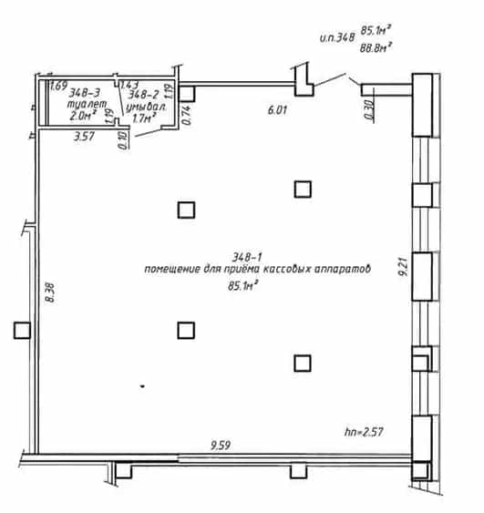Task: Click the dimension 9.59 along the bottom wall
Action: coord(221,446)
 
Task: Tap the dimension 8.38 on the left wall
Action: coord(50,292)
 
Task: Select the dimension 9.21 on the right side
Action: coord(404,267)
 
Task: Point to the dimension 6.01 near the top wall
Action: coord(277,110)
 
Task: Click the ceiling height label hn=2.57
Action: coord(364,432)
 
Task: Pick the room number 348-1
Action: coord(247,258)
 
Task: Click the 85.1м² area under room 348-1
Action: coord(242,285)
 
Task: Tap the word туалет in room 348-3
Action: coord(87,105)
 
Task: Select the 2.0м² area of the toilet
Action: coord(82,116)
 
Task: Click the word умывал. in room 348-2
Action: coord(146,107)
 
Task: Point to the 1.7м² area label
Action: coord(144,118)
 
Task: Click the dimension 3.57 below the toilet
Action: coord(84,136)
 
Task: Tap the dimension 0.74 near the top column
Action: coord(186,115)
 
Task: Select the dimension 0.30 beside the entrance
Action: coord(368,109)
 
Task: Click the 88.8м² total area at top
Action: coord(376,48)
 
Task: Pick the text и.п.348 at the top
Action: coord(337,37)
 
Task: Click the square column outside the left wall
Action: coord(22,330)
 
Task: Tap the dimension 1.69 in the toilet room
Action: coord(59,86)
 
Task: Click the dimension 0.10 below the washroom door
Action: coord(123,140)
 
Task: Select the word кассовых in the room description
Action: coord(287,269)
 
